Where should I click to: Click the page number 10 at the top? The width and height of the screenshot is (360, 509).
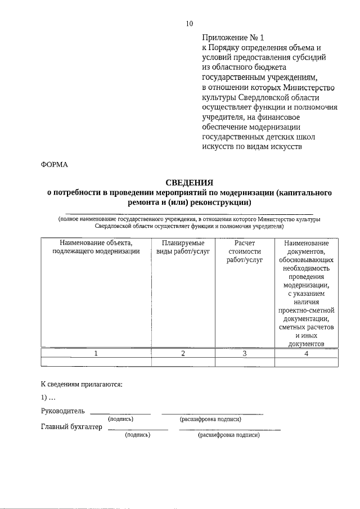pos(189,23)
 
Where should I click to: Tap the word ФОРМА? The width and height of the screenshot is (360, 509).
pos(55,164)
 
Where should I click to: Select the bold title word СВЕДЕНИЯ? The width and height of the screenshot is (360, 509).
pos(189,182)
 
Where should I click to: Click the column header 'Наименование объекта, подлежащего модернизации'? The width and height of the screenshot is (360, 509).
pos(96,247)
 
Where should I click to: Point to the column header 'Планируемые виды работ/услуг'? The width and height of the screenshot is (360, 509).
pos(183,247)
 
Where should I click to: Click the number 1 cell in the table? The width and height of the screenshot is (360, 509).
pos(96,353)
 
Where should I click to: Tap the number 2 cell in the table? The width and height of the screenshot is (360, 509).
pos(183,353)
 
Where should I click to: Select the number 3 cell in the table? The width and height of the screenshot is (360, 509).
pos(245,353)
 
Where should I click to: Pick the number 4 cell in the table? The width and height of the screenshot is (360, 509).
pos(307,353)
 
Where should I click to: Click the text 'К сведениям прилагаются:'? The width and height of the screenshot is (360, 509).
pos(82,385)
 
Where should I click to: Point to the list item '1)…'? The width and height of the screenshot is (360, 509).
pos(48,398)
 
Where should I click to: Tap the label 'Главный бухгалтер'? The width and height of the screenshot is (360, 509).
pos(71,427)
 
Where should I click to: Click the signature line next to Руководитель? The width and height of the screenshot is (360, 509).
pos(120,413)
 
